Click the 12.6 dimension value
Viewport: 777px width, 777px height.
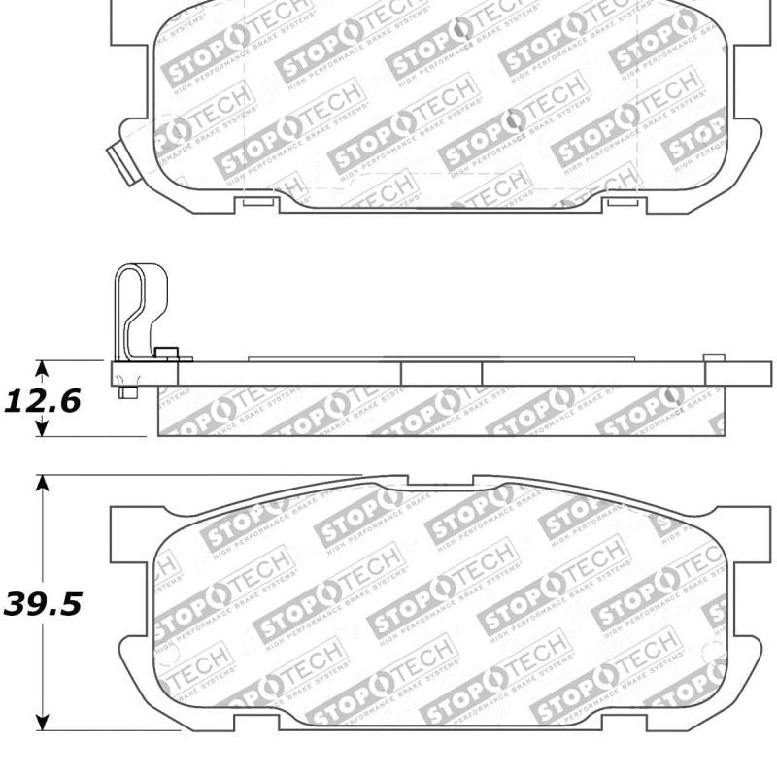[x=43, y=399]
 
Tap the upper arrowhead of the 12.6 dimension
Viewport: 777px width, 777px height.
[x=42, y=367]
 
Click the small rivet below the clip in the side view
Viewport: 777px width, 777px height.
[x=127, y=391]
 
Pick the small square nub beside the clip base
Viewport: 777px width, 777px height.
[x=165, y=353]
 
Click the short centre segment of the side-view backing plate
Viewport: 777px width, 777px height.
[x=441, y=373]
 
